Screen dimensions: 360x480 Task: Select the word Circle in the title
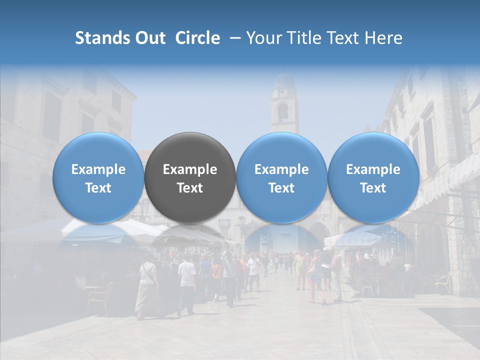coord(197,38)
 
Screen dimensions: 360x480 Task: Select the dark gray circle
coord(190,177)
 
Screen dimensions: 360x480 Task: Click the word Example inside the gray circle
coord(190,169)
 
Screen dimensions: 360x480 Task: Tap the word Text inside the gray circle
coord(190,188)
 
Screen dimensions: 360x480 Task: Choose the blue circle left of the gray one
coord(98,177)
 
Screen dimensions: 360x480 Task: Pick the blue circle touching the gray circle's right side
coord(281,177)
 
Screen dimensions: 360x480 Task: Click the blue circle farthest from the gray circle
coord(373,177)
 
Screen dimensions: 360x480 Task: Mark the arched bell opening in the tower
coord(283,112)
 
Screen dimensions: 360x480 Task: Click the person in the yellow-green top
coord(301,270)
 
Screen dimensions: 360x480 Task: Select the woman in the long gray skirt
coord(147,289)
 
